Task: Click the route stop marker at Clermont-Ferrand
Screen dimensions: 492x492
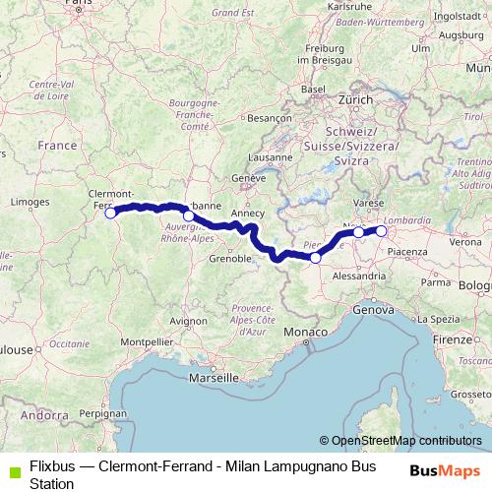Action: click(x=110, y=212)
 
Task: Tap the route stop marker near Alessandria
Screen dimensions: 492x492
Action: click(x=315, y=258)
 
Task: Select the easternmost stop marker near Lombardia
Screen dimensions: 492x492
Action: click(x=381, y=231)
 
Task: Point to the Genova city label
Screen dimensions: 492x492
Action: click(x=373, y=309)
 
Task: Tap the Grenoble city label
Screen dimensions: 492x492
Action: click(x=229, y=261)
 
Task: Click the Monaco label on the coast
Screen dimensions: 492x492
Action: click(x=305, y=334)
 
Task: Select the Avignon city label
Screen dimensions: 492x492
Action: click(x=189, y=320)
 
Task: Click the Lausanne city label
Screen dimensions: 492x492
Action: click(x=271, y=156)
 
